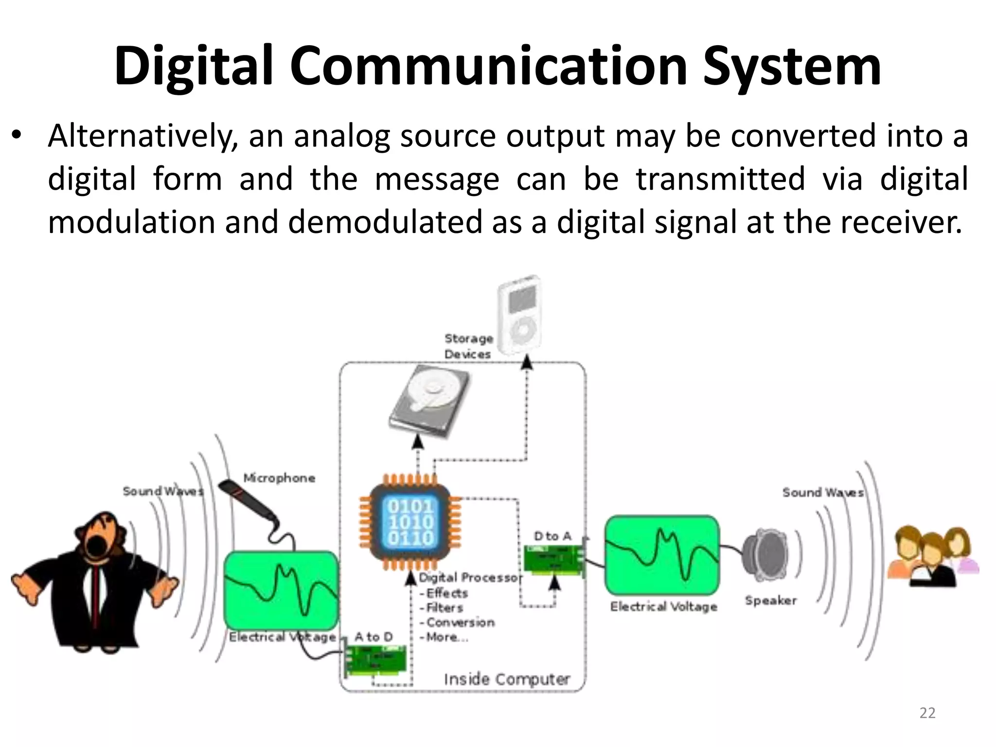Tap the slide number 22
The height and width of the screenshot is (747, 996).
click(x=927, y=713)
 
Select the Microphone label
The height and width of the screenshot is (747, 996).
click(x=279, y=478)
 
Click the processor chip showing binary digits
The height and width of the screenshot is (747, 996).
click(x=410, y=522)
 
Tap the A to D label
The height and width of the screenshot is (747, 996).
click(x=373, y=637)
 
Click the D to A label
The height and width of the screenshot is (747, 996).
click(x=552, y=536)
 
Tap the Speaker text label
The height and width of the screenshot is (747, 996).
click(x=771, y=601)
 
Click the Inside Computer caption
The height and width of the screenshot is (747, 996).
click(x=507, y=679)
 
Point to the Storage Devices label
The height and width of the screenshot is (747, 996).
click(x=468, y=346)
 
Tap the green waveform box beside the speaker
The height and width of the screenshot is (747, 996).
click(x=662, y=555)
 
